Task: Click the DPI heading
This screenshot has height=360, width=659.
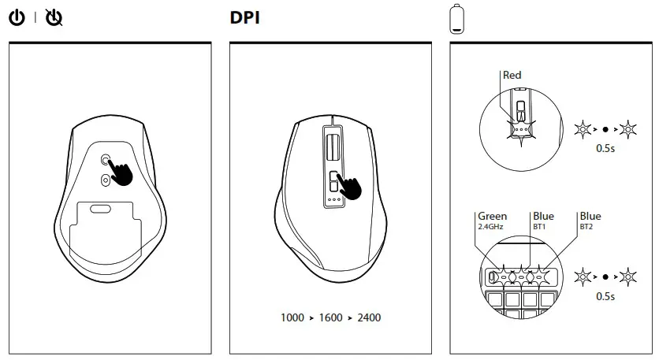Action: point(244,17)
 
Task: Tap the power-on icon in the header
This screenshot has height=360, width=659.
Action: point(17,17)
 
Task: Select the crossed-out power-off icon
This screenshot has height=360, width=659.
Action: point(54,17)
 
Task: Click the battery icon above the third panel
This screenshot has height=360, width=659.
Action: point(456,19)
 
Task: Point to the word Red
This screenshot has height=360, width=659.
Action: point(512,76)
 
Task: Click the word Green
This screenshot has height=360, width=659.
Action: point(492,216)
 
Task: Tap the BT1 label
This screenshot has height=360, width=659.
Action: point(539,226)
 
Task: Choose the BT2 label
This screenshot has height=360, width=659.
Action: point(586,226)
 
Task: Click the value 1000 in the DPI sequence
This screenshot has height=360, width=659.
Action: point(292,318)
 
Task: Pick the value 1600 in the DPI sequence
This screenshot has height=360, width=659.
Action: point(330,318)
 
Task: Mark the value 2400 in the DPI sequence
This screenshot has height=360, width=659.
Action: point(369,318)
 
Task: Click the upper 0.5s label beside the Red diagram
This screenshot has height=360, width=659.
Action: point(605,147)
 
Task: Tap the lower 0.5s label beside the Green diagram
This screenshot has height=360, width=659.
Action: point(605,297)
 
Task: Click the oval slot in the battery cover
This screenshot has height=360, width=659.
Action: point(100,209)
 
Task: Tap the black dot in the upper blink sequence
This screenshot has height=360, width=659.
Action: point(605,128)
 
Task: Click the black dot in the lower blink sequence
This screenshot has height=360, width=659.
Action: point(605,277)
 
